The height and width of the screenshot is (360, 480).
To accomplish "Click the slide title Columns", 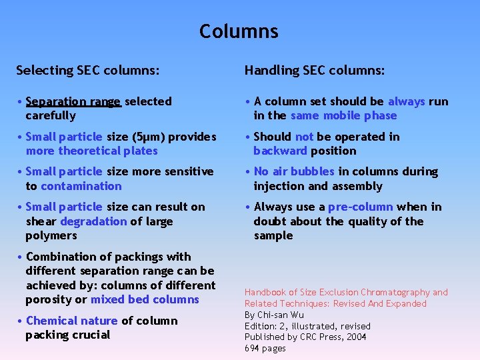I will tap(239, 31).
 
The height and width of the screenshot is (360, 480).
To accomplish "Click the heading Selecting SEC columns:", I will tap(87, 70).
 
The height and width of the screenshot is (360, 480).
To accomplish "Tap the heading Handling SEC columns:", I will tap(314, 70).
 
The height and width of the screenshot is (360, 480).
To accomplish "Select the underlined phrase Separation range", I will tap(73, 101).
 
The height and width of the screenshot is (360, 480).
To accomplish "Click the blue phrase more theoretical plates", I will tap(92, 151).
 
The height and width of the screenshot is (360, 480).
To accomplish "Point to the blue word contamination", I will tap(81, 186).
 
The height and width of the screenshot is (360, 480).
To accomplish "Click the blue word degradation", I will tap(93, 221).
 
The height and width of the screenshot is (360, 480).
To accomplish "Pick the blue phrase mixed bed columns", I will tap(145, 299).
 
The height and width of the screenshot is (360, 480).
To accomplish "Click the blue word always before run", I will tap(406, 101).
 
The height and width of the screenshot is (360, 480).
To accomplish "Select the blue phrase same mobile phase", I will tap(343, 115).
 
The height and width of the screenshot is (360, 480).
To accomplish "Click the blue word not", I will tap(304, 137).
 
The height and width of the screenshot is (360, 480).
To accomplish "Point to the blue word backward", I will tap(279, 151).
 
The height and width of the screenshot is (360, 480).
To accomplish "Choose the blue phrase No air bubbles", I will tap(295, 172).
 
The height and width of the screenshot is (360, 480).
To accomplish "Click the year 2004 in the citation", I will tap(355, 337).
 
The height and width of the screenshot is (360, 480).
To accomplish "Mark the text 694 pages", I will tap(265, 348).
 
